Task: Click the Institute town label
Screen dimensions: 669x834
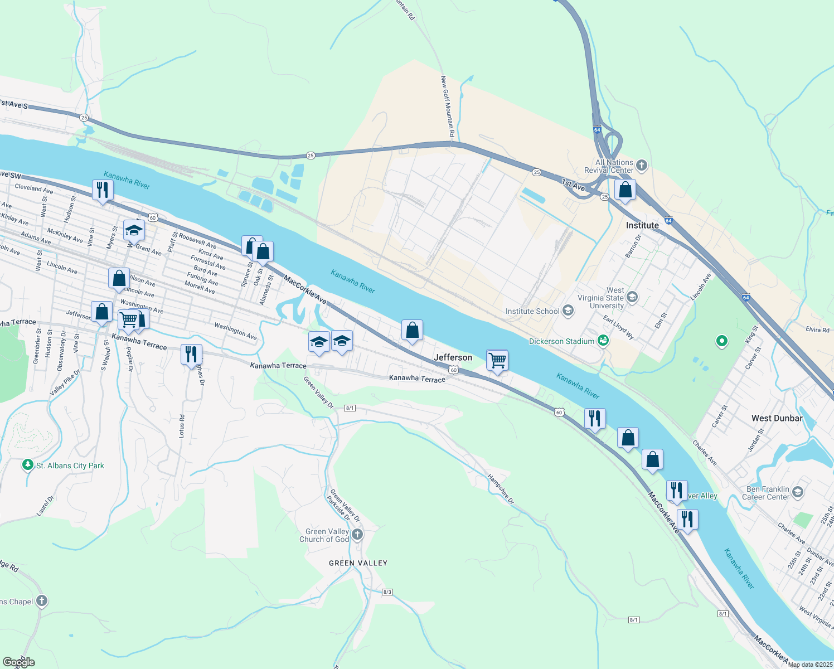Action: click(642, 225)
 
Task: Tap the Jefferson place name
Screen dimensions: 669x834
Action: click(453, 357)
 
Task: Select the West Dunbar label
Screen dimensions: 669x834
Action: click(777, 418)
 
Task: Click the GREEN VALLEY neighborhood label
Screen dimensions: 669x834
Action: click(358, 563)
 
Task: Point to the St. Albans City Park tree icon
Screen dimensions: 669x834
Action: click(28, 465)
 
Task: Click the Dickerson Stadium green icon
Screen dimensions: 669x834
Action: click(603, 340)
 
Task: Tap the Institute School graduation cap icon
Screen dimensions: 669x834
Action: click(568, 311)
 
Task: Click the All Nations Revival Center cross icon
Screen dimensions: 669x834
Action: click(642, 165)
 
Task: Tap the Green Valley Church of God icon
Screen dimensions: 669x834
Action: click(357, 535)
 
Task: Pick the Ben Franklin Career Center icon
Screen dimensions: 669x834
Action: click(798, 492)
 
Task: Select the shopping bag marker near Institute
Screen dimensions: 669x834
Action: click(625, 190)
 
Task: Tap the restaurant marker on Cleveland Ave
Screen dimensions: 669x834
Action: click(103, 190)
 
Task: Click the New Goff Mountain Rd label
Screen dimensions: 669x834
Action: click(448, 107)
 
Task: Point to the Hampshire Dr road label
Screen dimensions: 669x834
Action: click(501, 489)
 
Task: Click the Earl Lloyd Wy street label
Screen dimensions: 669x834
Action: click(619, 327)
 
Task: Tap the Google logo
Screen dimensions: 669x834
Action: click(18, 662)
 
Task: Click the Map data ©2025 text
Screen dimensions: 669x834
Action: click(809, 665)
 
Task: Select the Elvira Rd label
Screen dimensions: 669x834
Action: click(818, 329)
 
